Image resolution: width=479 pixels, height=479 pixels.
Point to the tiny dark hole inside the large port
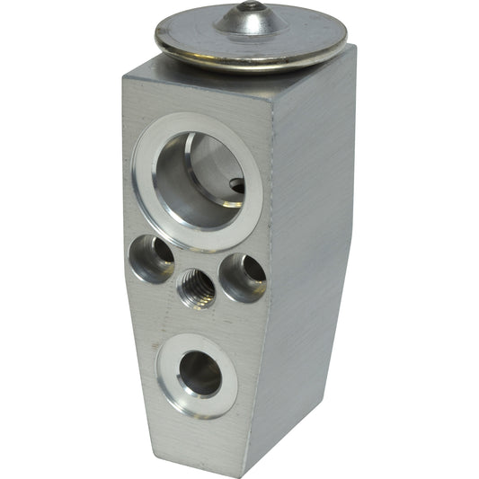[x=237, y=186]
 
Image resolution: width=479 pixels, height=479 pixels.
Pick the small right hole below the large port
[x=244, y=276]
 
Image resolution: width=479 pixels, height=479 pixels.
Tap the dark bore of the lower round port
[x=200, y=373]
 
